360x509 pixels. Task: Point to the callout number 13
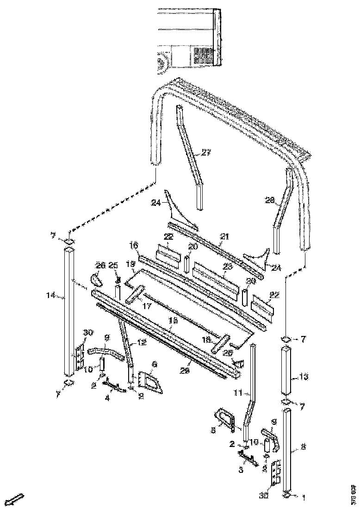pyautogui.click(x=303, y=377)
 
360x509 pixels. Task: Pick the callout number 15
pyautogui.click(x=174, y=320)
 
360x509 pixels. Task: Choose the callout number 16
pyautogui.click(x=134, y=244)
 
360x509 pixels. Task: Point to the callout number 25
pyautogui.click(x=114, y=265)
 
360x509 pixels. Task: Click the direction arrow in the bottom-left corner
pyautogui.click(x=17, y=499)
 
